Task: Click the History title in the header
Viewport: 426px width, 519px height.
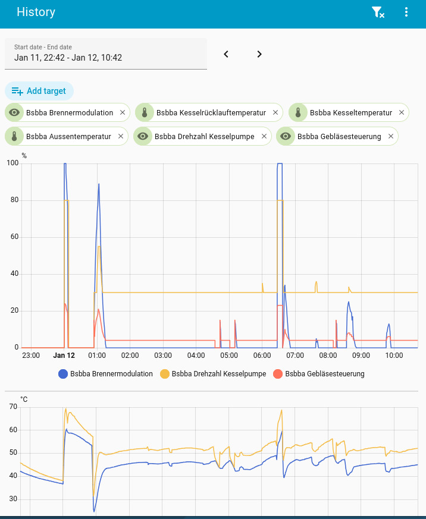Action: [36, 12]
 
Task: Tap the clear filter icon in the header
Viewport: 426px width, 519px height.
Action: [377, 12]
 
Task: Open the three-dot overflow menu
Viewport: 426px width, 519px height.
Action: [406, 12]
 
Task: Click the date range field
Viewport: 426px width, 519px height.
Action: [106, 54]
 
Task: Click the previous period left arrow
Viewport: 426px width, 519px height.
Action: [226, 54]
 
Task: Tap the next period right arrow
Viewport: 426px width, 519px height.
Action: [259, 54]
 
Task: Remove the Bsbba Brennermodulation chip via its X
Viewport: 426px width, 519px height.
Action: [123, 112]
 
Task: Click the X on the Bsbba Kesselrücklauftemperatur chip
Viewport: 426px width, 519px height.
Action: [275, 112]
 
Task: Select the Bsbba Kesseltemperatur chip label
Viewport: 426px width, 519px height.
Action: [350, 112]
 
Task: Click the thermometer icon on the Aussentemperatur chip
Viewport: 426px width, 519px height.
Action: [14, 136]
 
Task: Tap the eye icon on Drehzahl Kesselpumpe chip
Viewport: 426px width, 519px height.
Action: [143, 136]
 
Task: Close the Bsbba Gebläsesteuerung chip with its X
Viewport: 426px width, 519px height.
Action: [391, 136]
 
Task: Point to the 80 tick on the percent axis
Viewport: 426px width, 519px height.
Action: [15, 200]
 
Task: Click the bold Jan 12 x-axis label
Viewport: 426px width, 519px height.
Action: [64, 356]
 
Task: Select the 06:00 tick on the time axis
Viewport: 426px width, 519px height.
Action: [262, 356]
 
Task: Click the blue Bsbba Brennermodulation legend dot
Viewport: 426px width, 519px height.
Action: [63, 374]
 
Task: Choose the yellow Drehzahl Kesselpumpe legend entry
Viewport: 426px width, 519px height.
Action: [212, 374]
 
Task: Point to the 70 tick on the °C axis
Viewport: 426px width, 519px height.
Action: [14, 407]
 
